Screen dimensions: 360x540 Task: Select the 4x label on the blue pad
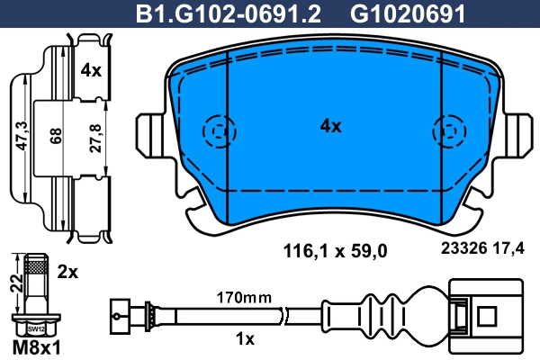[x=331, y=127]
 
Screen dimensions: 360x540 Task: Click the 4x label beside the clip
[x=91, y=70]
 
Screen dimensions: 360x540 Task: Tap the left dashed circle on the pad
[x=217, y=131]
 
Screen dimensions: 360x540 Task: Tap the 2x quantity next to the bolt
[x=69, y=271]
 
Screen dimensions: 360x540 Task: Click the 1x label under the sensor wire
[x=245, y=339]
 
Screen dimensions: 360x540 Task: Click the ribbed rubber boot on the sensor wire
[x=396, y=315]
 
